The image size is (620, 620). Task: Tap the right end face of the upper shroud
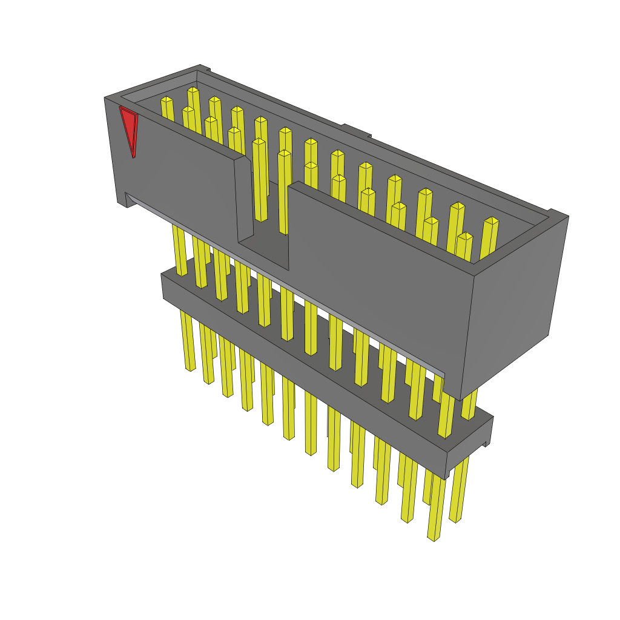coord(515,303)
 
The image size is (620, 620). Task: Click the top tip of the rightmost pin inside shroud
coord(492,221)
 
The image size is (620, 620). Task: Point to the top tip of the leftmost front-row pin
coord(188,110)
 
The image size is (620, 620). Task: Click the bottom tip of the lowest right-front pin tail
coord(433,538)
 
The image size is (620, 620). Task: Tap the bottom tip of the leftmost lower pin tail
coord(190,368)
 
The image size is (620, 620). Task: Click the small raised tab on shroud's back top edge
coord(356,130)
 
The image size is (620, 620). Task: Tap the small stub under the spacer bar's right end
coord(486,444)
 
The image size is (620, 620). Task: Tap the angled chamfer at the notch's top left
coord(243,160)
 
